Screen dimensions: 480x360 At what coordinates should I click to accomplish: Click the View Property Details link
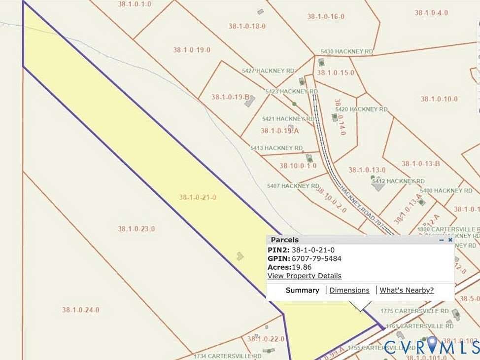pyautogui.click(x=304, y=276)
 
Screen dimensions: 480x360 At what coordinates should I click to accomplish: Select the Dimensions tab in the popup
pyautogui.click(x=349, y=290)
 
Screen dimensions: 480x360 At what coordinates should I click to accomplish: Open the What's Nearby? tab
pyautogui.click(x=407, y=290)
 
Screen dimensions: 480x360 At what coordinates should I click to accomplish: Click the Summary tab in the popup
pyautogui.click(x=302, y=290)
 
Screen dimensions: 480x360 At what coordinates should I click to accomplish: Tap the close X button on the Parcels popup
pyautogui.click(x=450, y=240)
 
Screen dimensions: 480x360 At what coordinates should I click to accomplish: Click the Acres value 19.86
pyautogui.click(x=302, y=267)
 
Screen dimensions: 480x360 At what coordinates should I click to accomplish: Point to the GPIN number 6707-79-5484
pyautogui.click(x=316, y=258)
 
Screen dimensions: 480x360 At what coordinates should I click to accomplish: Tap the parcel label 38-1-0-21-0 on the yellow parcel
pyautogui.click(x=198, y=197)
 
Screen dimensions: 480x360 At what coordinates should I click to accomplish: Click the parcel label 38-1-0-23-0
pyautogui.click(x=137, y=229)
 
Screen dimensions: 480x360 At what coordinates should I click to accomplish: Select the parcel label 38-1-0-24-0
pyautogui.click(x=80, y=310)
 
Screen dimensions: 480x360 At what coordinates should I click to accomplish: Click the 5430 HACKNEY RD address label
pyautogui.click(x=346, y=51)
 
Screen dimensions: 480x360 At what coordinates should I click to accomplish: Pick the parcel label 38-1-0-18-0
pyautogui.click(x=247, y=26)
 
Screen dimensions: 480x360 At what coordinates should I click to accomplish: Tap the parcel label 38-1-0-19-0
pyautogui.click(x=192, y=50)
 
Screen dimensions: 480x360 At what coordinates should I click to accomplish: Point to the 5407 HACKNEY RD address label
pyautogui.click(x=293, y=186)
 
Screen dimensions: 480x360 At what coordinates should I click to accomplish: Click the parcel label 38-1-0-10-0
pyautogui.click(x=439, y=99)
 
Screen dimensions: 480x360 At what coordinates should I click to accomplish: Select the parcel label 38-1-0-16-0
pyautogui.click(x=325, y=16)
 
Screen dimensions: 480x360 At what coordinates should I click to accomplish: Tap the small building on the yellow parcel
pyautogui.click(x=240, y=256)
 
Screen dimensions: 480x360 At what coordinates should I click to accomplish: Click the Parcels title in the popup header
pyautogui.click(x=284, y=240)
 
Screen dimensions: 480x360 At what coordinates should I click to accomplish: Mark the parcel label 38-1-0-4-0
pyautogui.click(x=431, y=13)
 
